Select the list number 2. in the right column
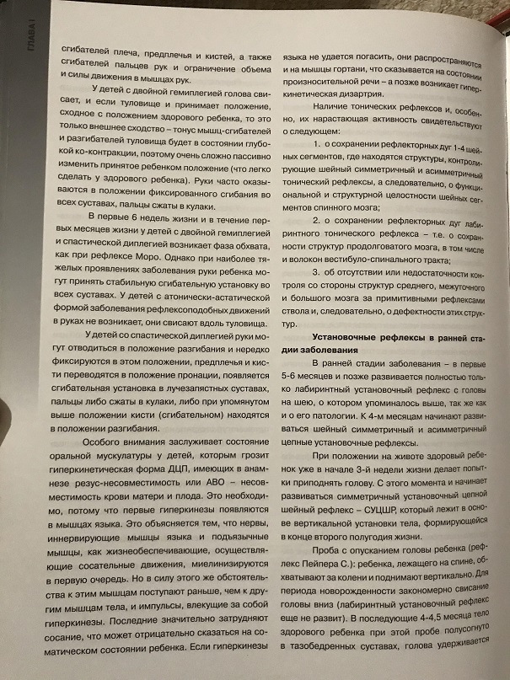click(317, 220)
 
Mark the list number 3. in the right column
click(317, 274)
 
